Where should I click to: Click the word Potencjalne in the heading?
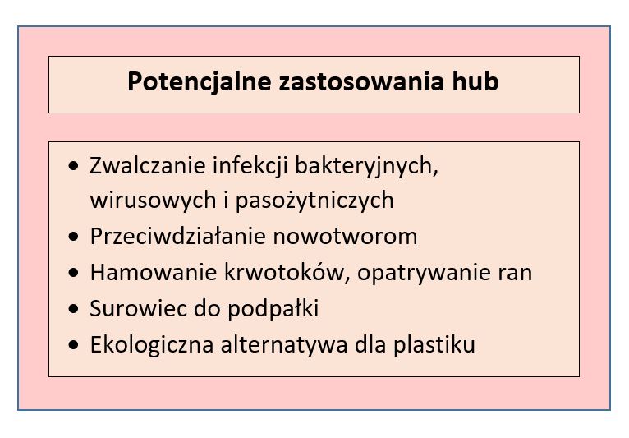[x=200, y=82]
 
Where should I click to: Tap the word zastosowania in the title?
[x=361, y=81]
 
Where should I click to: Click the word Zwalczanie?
[x=148, y=165]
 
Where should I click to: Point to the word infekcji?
[x=250, y=166]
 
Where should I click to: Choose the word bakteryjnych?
[x=367, y=166]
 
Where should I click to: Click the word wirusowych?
[x=154, y=201]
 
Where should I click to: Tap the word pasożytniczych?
[x=314, y=201]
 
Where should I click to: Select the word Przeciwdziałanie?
[x=178, y=236]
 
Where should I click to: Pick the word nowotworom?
[x=345, y=237]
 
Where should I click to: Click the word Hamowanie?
[x=154, y=272]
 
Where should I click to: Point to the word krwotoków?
[x=287, y=271]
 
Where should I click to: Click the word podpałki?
[x=273, y=309]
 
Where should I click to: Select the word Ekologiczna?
[x=152, y=345]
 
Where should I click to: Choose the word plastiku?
[x=434, y=345]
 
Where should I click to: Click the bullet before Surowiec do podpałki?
[x=73, y=309]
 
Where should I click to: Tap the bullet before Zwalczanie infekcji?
[x=73, y=165]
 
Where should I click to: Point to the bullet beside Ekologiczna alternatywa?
[x=73, y=345]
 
